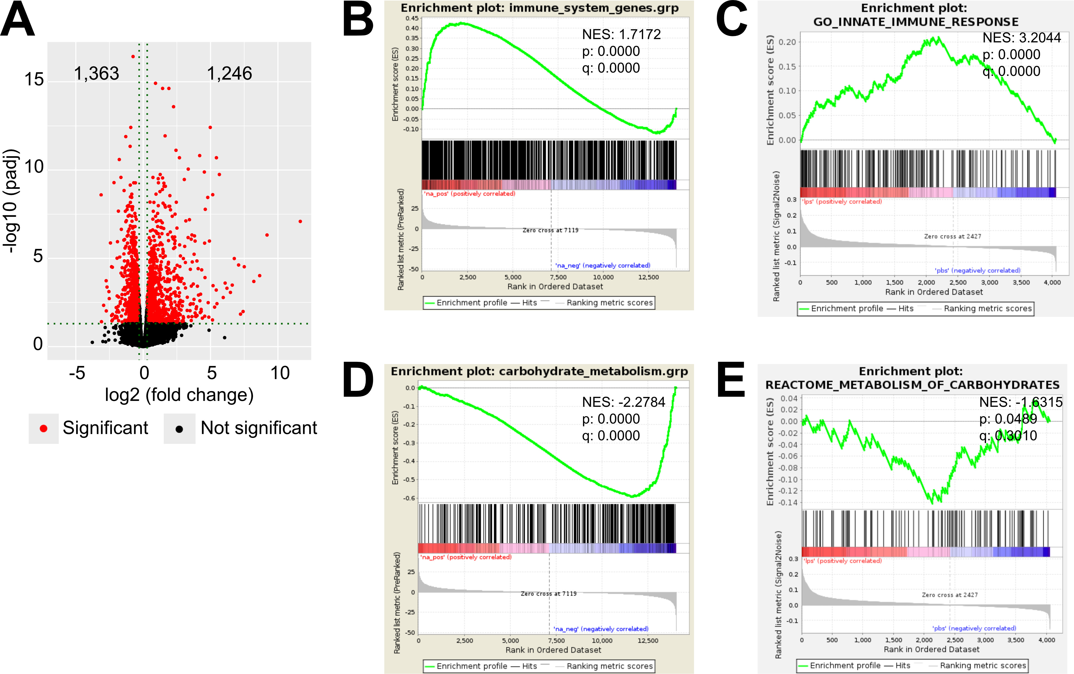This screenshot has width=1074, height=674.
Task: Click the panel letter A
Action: [18, 20]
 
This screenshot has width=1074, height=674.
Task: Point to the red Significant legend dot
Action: [43, 429]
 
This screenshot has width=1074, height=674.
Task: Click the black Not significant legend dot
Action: [179, 429]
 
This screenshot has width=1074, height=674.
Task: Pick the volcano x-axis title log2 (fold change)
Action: [179, 395]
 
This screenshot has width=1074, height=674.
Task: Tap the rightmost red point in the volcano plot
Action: [300, 221]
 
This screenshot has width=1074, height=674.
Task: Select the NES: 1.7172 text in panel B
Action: [621, 34]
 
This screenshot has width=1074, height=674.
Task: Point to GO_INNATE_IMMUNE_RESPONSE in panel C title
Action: [916, 22]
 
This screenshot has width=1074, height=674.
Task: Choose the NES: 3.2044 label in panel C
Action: [1021, 38]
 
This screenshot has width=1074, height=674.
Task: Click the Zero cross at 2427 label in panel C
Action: [952, 236]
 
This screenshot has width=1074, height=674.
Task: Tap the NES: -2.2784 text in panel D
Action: [623, 402]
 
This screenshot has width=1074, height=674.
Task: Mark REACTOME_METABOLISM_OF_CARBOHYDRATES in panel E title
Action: [912, 385]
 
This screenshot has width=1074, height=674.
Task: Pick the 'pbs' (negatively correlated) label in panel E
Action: [974, 628]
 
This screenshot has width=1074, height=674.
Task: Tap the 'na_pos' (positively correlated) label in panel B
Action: [469, 193]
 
